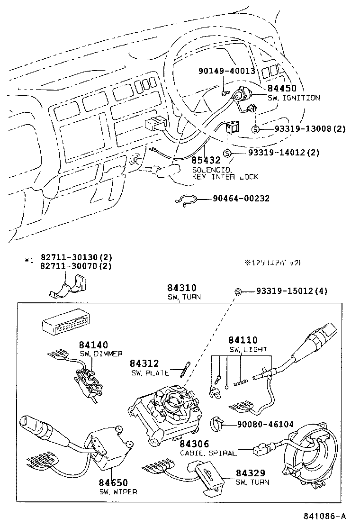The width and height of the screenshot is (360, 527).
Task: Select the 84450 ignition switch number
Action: (x=282, y=89)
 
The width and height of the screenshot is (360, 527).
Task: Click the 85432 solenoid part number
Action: (x=206, y=161)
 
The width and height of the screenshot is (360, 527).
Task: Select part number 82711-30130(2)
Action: (x=76, y=257)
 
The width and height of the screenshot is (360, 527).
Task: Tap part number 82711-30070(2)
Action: (x=76, y=266)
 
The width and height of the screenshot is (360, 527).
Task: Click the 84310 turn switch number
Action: (x=181, y=288)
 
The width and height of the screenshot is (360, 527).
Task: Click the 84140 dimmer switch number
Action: (x=93, y=345)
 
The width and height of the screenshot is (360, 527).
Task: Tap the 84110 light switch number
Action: (x=243, y=340)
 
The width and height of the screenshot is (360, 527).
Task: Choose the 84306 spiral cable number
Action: (x=194, y=444)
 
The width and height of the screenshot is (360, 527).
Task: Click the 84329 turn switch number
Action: (x=250, y=473)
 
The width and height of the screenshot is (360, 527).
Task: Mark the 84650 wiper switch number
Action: (x=113, y=482)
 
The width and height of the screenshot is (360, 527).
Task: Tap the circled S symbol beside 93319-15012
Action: (x=238, y=291)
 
